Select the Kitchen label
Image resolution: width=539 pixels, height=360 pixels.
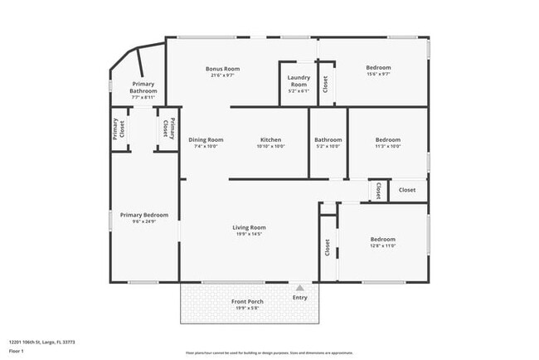[271, 140]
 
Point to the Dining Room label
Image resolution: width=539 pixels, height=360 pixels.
[206, 140]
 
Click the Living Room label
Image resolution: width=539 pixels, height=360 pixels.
[249, 227]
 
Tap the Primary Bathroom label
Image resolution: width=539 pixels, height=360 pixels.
[143, 88]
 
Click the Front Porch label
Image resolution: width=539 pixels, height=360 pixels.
[248, 301]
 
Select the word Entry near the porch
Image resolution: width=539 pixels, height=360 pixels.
[299, 297]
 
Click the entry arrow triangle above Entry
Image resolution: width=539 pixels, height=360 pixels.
[299, 287]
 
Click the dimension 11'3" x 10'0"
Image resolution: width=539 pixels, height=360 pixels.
[388, 147]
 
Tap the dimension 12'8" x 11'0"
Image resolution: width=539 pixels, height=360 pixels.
[382, 246]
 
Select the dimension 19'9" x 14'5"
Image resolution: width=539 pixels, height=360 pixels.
[249, 234]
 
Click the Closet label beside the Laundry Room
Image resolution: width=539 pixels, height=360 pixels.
[325, 84]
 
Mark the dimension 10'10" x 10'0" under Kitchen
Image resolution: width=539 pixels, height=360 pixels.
[271, 147]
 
